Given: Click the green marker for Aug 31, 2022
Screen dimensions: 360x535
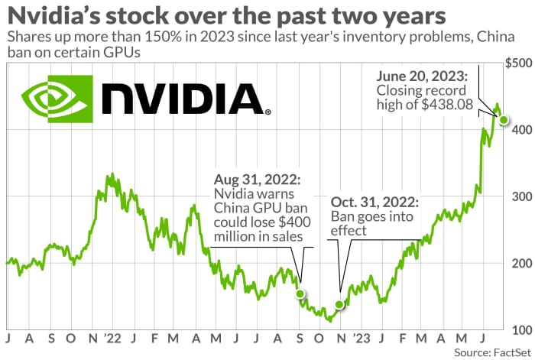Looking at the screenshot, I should click(x=300, y=294).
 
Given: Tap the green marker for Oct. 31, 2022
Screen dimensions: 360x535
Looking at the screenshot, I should click(x=339, y=304).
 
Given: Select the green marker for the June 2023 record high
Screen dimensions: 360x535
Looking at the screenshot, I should click(x=503, y=118).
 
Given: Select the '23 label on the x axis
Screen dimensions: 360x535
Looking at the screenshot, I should click(x=362, y=336).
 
